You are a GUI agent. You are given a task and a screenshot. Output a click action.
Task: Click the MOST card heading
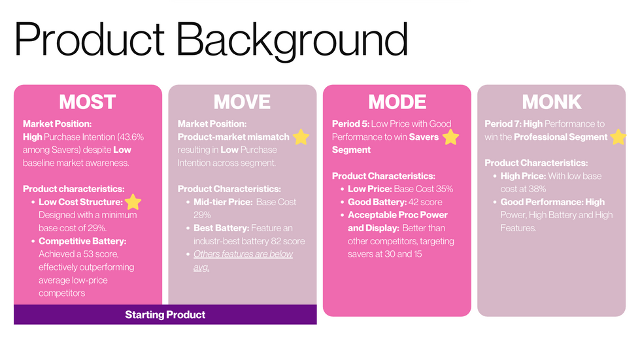pos(88,102)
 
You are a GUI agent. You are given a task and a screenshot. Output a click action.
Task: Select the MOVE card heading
pos(242,102)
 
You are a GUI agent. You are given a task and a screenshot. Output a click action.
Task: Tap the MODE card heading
pos(397,102)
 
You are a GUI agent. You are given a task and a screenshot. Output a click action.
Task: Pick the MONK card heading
pos(552,102)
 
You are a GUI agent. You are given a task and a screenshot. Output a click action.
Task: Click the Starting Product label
pos(165,315)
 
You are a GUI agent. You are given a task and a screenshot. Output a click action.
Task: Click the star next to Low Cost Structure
pos(133,202)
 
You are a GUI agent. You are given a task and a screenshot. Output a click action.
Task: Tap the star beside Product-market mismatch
pos(301,137)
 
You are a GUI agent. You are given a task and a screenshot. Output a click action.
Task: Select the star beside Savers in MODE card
pos(450,137)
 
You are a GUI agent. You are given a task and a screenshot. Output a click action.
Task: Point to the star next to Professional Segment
pos(618,137)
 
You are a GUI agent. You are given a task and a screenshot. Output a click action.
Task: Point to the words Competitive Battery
pos(82,241)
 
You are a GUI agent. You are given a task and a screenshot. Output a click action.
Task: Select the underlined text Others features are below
pos(243,254)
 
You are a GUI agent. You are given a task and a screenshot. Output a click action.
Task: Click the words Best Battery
pos(221,228)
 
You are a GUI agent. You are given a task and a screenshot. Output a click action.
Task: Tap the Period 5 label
pos(350,124)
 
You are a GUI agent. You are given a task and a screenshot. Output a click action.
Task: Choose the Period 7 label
pos(503,124)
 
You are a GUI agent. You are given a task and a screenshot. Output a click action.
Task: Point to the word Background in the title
pos(292,40)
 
